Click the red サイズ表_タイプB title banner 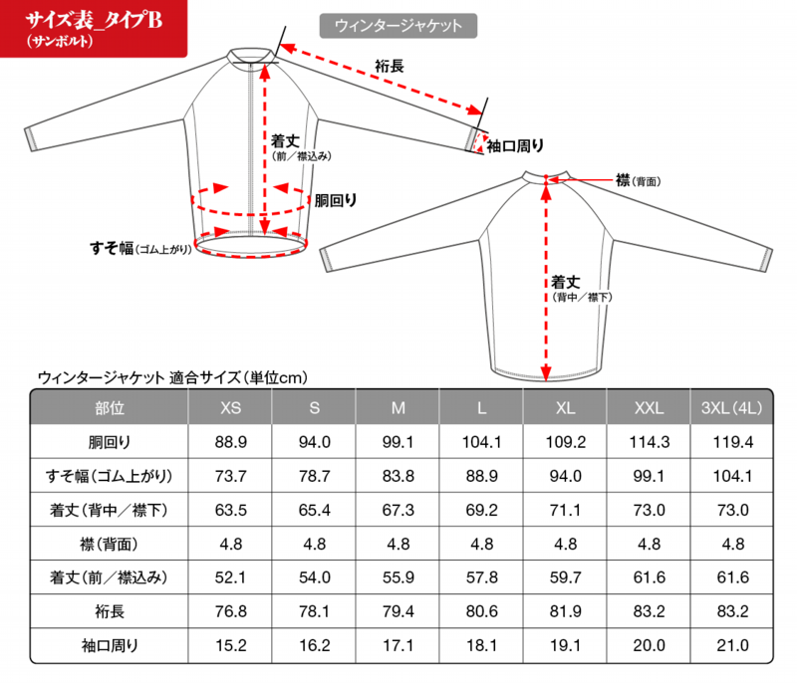pos(94,28)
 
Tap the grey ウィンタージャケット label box pos(398,26)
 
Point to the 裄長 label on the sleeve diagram pos(390,66)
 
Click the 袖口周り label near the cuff pos(515,146)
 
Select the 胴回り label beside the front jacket pos(336,200)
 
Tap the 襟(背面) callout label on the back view pos(639,180)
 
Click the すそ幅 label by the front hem pos(140,248)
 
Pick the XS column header pos(231,408)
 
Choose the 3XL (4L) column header pos(732,408)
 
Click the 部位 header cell pos(110,408)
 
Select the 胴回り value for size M pos(398,442)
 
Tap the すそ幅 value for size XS pos(231,476)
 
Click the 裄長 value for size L pos(482,611)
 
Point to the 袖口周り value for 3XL pos(732,645)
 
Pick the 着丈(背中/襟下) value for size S pos(315,510)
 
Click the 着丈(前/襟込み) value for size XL pos(565,577)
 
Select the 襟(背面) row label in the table pos(110,545)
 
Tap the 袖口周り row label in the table pos(110,645)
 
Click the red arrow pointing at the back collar pos(582,180)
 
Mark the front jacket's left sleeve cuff pos(32,139)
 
